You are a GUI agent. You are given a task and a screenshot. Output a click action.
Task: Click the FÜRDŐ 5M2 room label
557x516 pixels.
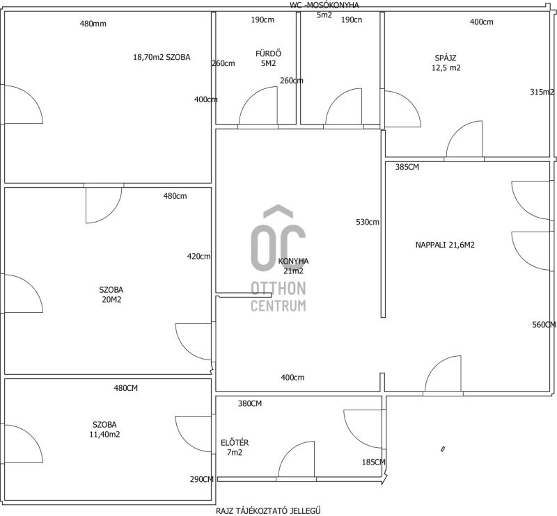tap(269, 58)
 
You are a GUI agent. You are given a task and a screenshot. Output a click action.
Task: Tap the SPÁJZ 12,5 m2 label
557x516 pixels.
tap(446, 63)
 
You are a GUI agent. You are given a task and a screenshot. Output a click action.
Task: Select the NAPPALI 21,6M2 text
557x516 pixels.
tap(445, 245)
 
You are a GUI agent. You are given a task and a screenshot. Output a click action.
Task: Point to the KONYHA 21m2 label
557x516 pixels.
tap(293, 266)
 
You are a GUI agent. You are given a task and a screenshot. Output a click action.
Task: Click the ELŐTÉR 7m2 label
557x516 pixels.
tap(235, 448)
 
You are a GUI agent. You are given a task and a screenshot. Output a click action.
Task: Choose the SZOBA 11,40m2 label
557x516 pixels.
tap(105, 429)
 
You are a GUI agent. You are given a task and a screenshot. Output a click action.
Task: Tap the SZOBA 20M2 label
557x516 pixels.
tap(111, 295)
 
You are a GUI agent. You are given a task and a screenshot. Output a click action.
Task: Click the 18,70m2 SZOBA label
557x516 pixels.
tap(162, 57)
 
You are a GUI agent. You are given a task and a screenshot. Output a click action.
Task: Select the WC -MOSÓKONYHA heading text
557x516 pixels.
tap(324, 6)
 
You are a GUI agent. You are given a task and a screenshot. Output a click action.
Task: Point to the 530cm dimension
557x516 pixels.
tap(368, 222)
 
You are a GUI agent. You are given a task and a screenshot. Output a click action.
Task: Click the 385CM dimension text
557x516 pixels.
tap(407, 167)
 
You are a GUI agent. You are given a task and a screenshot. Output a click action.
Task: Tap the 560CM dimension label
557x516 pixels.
tap(544, 325)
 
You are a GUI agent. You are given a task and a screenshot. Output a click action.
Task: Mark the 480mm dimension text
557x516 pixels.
tap(93, 24)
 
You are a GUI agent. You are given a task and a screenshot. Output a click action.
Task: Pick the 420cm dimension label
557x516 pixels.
tap(199, 256)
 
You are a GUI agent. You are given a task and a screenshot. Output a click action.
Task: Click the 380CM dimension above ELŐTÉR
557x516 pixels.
tap(250, 403)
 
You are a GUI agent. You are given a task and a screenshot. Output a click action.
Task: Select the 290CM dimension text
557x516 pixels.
tap(202, 479)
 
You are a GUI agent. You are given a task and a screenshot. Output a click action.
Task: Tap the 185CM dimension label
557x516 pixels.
tap(374, 462)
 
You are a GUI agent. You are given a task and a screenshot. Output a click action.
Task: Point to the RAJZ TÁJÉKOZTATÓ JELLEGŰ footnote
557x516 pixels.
tap(268, 511)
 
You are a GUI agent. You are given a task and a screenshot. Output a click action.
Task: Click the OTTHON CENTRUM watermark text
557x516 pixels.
tap(278, 297)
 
